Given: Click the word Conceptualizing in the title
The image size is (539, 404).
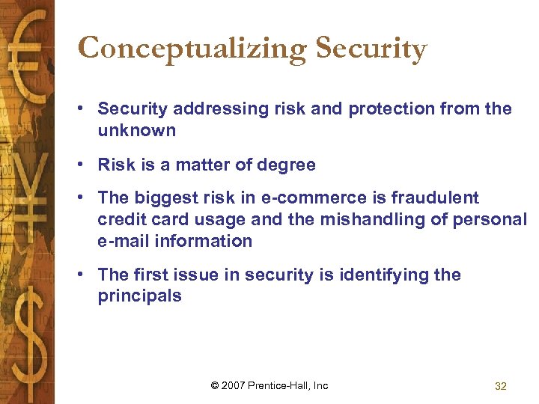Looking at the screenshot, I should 192,49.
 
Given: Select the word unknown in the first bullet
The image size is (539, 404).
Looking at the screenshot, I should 136,130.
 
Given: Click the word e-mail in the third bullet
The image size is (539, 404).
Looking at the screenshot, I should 124,241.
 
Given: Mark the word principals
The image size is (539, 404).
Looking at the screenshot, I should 139,296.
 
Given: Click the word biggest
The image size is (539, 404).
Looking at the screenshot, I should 163,198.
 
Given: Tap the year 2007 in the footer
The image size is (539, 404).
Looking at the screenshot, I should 234,385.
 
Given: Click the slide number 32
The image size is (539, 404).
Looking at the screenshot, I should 501,386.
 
